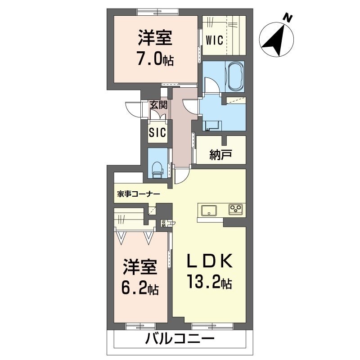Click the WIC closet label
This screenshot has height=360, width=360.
pos(214,40)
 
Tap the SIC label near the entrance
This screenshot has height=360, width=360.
pos(158,132)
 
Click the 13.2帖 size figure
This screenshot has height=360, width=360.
pos(209,283)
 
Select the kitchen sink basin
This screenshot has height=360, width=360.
pos(209,210)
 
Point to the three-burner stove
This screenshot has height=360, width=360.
pos(236,209)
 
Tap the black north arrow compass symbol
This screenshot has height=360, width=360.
pos(275,41)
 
